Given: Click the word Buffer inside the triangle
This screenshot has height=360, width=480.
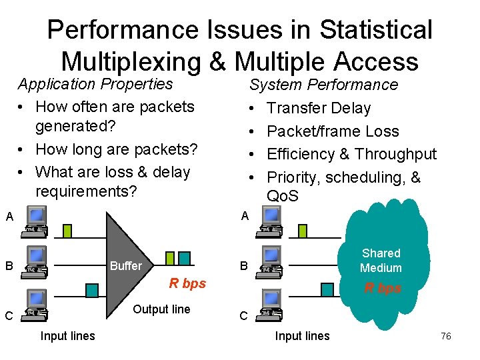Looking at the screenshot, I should pos(125,266).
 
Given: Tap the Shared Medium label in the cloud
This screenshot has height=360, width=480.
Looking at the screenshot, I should pos(381,261).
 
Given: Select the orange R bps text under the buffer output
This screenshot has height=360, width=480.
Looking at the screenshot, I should pos(187,283).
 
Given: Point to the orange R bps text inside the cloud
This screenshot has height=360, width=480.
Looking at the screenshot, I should pos(383,289).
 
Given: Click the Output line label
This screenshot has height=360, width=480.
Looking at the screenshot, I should pos(161,309).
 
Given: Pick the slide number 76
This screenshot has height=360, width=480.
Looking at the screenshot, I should pos(446,336).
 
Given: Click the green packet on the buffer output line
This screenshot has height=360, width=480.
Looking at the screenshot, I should pos(169,257).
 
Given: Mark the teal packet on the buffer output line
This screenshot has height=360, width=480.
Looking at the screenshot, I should pos(184,257).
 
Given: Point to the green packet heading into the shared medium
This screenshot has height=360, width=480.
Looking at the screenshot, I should pos(302,231).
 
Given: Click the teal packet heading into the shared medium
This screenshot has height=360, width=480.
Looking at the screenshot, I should pos(327,289).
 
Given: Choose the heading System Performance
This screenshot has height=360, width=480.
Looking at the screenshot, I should pos(323,85).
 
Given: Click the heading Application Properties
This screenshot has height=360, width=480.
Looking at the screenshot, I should pos(95,84).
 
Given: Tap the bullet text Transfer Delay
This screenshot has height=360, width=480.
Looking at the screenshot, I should pos(319,108).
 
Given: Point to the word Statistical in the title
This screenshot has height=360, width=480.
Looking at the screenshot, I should pos(376,30).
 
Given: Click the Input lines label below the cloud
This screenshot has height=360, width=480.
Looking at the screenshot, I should pos(302,336).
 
